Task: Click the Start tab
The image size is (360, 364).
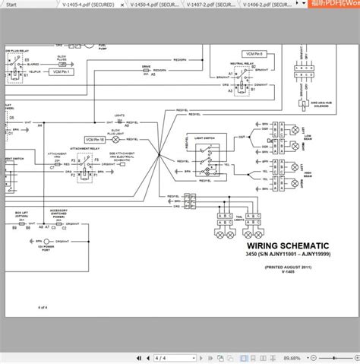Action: (11, 4)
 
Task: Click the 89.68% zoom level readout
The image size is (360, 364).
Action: (335, 357)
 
